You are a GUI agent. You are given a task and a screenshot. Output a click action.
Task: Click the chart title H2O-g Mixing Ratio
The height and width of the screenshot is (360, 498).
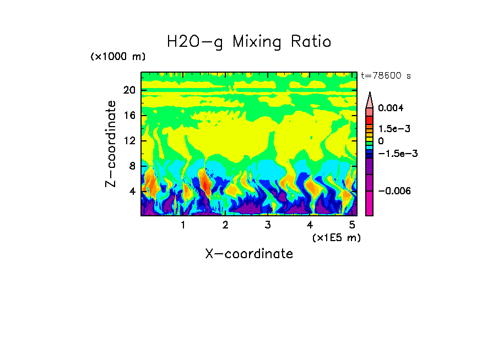[249, 41]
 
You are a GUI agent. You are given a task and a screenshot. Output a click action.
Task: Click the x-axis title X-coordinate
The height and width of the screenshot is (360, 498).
[249, 253]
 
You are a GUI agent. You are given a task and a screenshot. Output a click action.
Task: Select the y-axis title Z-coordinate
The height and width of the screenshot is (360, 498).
[111, 144]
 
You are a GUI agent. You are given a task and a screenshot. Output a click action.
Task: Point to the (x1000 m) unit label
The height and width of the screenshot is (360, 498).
[118, 57]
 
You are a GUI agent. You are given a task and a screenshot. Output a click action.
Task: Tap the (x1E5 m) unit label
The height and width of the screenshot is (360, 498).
[336, 237]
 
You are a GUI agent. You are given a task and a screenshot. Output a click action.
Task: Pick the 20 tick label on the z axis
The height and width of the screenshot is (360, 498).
[129, 90]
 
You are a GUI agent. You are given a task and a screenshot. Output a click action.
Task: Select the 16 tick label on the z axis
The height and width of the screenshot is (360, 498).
[129, 116]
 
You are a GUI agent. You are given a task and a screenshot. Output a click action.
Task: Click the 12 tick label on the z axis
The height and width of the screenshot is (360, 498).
[129, 141]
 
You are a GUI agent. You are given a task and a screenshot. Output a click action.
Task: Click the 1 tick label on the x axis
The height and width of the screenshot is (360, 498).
[183, 225]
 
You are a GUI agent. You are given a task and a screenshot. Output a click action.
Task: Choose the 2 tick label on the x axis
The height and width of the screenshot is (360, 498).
[225, 225]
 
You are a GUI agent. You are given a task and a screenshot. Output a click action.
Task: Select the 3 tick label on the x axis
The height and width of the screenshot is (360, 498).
[268, 225]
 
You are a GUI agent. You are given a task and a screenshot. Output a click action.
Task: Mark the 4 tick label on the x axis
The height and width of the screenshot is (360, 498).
[310, 225]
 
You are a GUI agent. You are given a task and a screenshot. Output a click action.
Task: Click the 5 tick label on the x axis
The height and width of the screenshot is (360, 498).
[352, 225]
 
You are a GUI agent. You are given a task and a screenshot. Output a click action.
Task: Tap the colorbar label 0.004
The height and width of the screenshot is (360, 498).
[391, 108]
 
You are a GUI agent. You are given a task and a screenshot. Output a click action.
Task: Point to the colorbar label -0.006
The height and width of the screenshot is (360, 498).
[393, 190]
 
